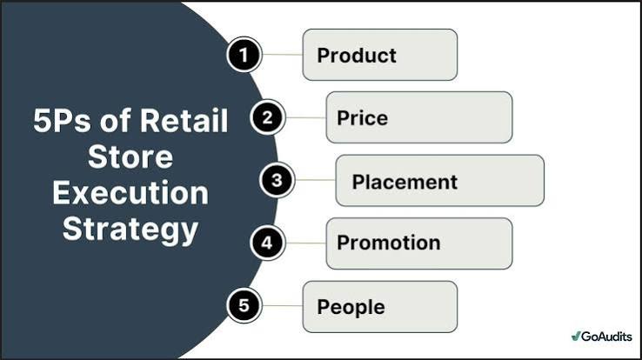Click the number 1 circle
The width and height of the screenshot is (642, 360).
click(x=244, y=55)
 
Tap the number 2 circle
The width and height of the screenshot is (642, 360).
click(x=267, y=117)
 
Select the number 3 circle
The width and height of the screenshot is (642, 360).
click(x=277, y=180)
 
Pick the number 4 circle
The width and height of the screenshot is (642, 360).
click(x=267, y=243)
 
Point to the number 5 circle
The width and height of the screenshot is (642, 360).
click(x=244, y=305)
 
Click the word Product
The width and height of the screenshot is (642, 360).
click(x=357, y=56)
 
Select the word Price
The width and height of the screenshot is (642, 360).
click(x=363, y=118)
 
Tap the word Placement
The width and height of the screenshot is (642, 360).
click(x=405, y=182)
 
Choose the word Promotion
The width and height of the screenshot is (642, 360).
click(x=389, y=243)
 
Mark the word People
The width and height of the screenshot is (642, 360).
click(x=351, y=308)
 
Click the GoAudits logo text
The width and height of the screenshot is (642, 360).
click(x=606, y=337)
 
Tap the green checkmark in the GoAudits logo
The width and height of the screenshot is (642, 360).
click(x=576, y=336)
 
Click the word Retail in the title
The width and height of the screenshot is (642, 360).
click(x=184, y=120)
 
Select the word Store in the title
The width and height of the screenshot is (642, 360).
click(x=130, y=157)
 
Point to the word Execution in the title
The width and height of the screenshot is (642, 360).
click(x=130, y=193)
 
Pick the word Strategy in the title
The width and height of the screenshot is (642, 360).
click(x=130, y=230)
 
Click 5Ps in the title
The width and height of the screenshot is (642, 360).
click(x=62, y=120)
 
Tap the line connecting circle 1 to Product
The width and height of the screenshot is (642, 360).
click(x=283, y=55)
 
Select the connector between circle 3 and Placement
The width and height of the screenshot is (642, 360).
click(x=315, y=180)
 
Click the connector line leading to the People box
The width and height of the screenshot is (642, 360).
click(x=283, y=305)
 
